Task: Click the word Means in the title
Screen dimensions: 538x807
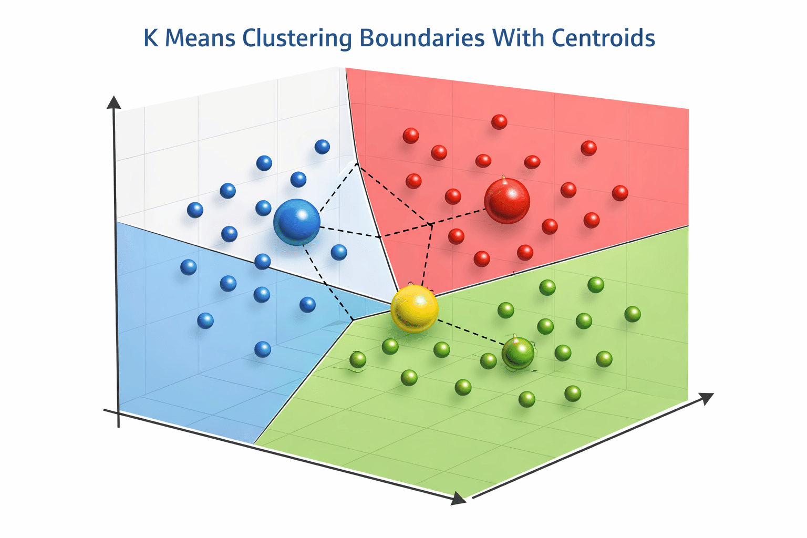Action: tap(200, 38)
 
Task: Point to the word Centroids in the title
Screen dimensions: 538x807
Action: tap(603, 38)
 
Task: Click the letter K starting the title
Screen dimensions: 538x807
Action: tap(151, 38)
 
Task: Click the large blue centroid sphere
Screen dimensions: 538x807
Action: tap(297, 222)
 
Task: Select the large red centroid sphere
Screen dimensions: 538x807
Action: tap(507, 201)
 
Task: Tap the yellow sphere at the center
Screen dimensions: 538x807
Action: tap(415, 308)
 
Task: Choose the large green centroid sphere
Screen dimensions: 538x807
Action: tap(518, 353)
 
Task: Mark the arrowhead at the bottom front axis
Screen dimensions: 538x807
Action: tap(459, 499)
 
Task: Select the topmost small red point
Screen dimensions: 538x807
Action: tap(499, 122)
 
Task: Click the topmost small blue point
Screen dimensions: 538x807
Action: tap(322, 147)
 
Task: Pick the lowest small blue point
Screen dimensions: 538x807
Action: tap(263, 349)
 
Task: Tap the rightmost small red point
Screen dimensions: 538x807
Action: tap(620, 193)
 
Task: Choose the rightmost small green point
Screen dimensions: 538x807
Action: tap(633, 314)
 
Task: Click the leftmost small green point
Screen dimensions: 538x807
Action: tap(358, 360)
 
